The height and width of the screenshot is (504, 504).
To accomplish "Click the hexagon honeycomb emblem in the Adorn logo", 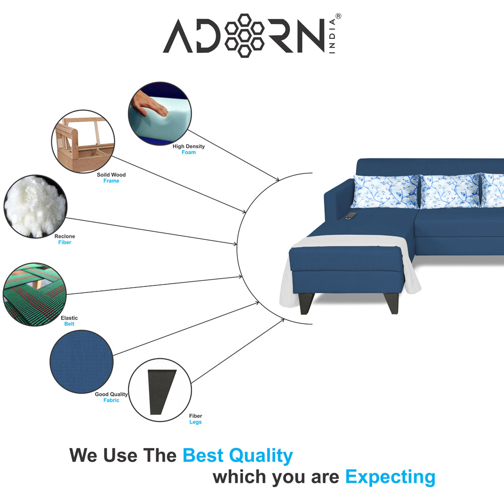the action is [244, 36].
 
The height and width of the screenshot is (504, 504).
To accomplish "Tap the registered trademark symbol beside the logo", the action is [338, 16].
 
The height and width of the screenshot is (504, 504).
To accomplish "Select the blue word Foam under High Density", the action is [188, 152].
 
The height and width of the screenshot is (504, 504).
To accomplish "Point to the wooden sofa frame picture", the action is [83, 142].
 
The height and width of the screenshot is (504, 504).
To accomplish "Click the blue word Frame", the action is [111, 181].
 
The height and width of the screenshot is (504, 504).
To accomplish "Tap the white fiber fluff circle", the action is [35, 207].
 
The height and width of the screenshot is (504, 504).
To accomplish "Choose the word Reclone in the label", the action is [65, 236].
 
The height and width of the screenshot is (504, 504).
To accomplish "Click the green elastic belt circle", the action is [35, 294].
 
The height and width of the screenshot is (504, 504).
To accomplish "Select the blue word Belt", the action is [69, 324].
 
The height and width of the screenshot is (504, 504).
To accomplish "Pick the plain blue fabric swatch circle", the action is [82, 361].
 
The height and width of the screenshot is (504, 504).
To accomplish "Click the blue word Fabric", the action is [111, 400].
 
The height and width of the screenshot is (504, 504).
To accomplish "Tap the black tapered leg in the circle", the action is [161, 392].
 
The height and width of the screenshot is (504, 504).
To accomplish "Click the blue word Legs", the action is [196, 422].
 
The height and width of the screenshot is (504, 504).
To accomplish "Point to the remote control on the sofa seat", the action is [351, 216].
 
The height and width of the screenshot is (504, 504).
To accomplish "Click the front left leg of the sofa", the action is [306, 303].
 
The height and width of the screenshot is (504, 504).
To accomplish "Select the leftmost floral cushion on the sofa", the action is [386, 192].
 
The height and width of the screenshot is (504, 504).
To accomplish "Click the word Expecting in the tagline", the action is [390, 477].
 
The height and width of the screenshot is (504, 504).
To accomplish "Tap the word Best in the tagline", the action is [203, 455].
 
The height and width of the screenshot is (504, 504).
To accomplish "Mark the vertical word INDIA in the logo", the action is [332, 36].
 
